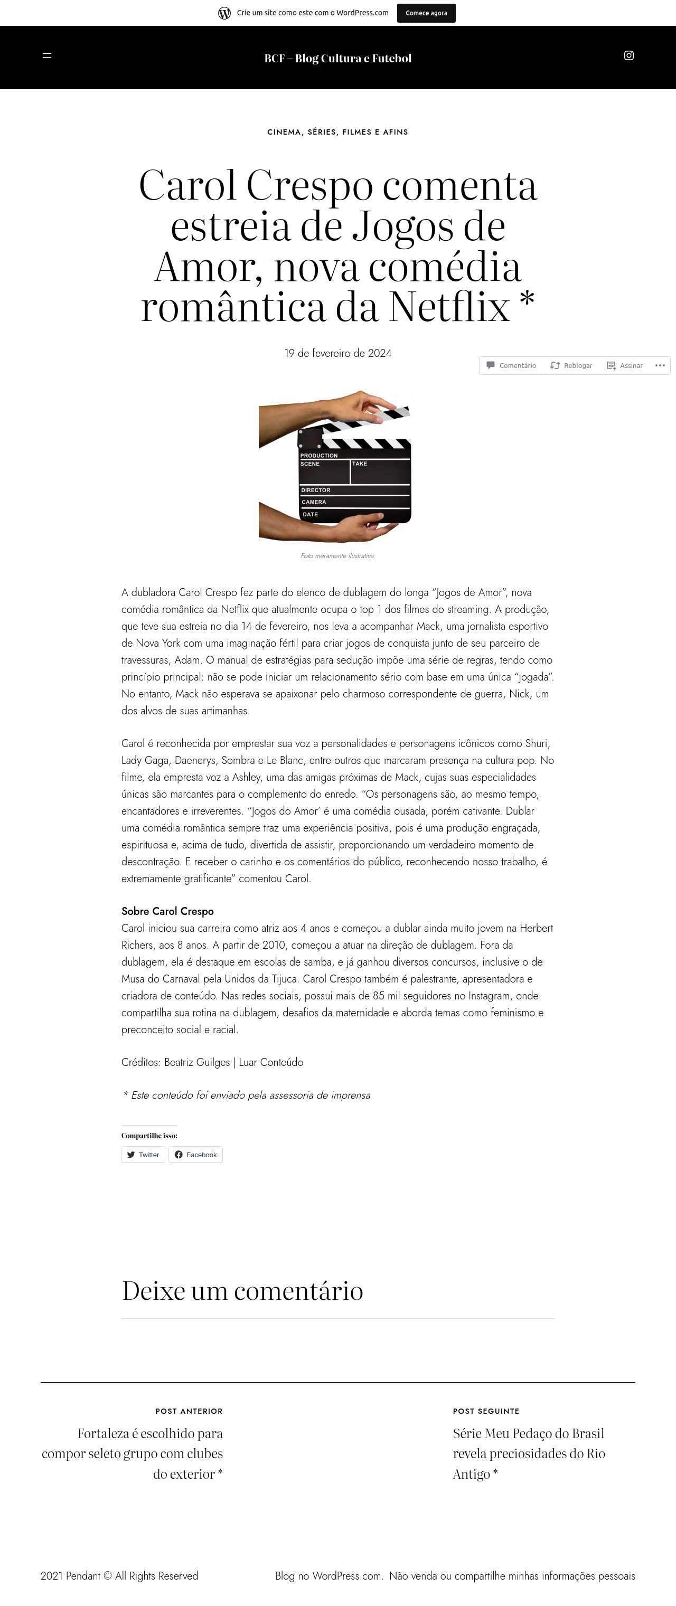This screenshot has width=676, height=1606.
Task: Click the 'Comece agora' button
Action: pos(426,13)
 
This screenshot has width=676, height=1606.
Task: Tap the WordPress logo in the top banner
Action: pos(224,13)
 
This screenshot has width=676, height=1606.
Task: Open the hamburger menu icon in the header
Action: pos(47,55)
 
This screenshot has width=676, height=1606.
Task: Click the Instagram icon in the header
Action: pos(628,55)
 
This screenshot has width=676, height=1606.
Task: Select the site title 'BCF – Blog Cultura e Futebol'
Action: pos(337,59)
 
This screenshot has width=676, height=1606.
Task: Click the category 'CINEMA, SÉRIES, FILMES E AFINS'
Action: pos(337,132)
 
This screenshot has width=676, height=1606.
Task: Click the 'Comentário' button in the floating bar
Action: pos(511,366)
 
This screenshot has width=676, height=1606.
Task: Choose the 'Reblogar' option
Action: pos(571,366)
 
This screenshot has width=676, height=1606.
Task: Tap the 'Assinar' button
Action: pos(625,366)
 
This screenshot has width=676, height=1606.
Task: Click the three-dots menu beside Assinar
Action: pos(660,365)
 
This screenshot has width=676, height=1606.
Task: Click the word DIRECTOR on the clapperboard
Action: pos(315,490)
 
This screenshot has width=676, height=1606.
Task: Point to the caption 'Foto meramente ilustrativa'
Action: pos(337,556)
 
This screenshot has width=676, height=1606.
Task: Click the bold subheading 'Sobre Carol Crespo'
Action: pos(167,911)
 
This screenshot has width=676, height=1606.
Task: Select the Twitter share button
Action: pos(143,1155)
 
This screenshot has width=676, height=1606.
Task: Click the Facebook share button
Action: pos(195,1155)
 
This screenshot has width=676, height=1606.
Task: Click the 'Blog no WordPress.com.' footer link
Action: pos(328,1576)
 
